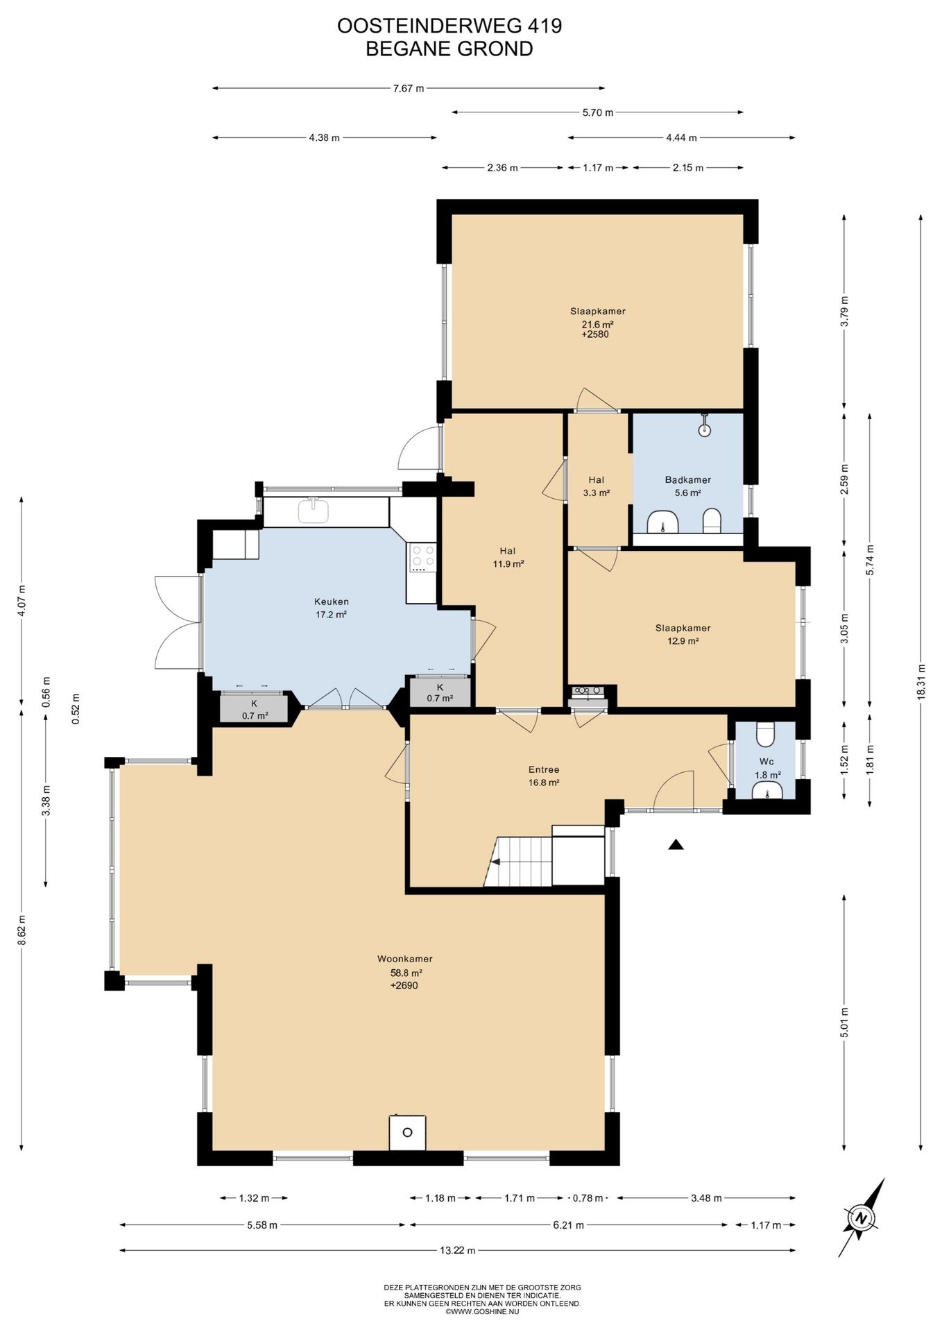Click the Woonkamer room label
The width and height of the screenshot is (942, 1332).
pyautogui.click(x=405, y=959)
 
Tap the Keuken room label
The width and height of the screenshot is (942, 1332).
pyautogui.click(x=332, y=601)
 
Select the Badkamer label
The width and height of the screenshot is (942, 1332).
pyautogui.click(x=687, y=479)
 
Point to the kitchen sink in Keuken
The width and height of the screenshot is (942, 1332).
pyautogui.click(x=314, y=510)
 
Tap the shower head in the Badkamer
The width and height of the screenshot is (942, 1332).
pyautogui.click(x=705, y=425)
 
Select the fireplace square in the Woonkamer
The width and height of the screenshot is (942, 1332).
pyautogui.click(x=407, y=1132)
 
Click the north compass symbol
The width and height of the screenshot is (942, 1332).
pyautogui.click(x=862, y=1218)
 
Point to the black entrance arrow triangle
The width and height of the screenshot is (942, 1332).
pyautogui.click(x=676, y=844)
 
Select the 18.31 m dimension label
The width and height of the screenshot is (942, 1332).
pyautogui.click(x=921, y=682)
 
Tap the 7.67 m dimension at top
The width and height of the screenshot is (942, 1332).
pyautogui.click(x=409, y=88)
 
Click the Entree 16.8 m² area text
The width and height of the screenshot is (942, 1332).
pyautogui.click(x=544, y=783)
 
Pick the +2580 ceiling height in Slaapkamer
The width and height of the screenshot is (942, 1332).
pyautogui.click(x=596, y=334)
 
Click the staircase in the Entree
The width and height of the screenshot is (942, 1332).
pyautogui.click(x=518, y=861)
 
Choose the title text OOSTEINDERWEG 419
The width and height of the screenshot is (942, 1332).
pyautogui.click(x=449, y=26)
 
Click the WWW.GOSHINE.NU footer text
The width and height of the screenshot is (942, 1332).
pyautogui.click(x=483, y=1312)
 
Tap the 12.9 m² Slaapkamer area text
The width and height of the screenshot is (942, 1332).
pyautogui.click(x=683, y=641)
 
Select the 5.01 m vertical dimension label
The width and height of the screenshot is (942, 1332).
pyautogui.click(x=844, y=1021)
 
